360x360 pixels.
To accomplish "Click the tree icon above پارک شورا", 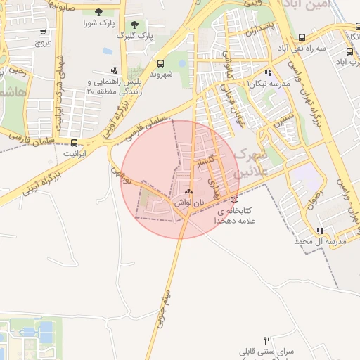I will pyautogui.click(x=97, y=12).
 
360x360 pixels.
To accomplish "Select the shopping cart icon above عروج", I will pyautogui.click(x=44, y=31).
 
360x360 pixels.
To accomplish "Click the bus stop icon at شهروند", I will pyautogui.click(x=162, y=61).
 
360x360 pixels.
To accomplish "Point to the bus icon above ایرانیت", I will pyautogui.click(x=75, y=142).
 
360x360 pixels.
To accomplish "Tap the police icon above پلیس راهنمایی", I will pyautogui.click(x=114, y=70).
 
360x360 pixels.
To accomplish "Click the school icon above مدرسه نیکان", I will pyautogui.click(x=268, y=72).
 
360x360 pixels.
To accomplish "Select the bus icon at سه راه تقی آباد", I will pyautogui.click(x=302, y=37).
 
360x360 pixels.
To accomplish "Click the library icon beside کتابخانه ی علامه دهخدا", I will pyautogui.click(x=234, y=199).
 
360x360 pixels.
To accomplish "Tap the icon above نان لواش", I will pyautogui.click(x=188, y=191).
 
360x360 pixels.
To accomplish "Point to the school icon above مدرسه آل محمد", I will pyautogui.click(x=320, y=230).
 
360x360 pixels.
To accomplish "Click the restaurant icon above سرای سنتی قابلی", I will pyautogui.click(x=266, y=340).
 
